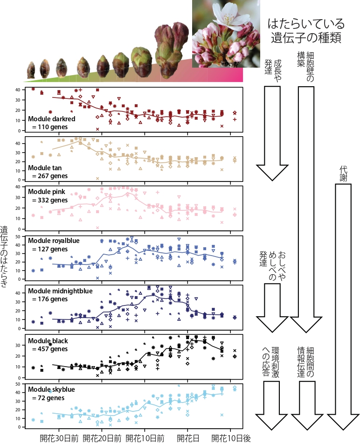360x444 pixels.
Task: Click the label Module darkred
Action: pos(52,118)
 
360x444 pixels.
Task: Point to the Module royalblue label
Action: pos(54,241)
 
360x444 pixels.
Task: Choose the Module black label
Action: pos(48,341)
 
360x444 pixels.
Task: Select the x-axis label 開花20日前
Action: pos(102,438)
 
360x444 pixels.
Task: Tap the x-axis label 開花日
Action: pos(188,438)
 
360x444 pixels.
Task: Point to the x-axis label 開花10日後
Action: pos(231,438)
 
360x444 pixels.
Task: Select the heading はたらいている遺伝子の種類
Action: pos(306,30)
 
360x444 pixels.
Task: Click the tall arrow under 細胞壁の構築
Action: pos(305,210)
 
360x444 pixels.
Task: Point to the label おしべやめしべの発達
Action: pos(272,266)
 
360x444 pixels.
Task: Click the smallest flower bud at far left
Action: pos(31,70)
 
